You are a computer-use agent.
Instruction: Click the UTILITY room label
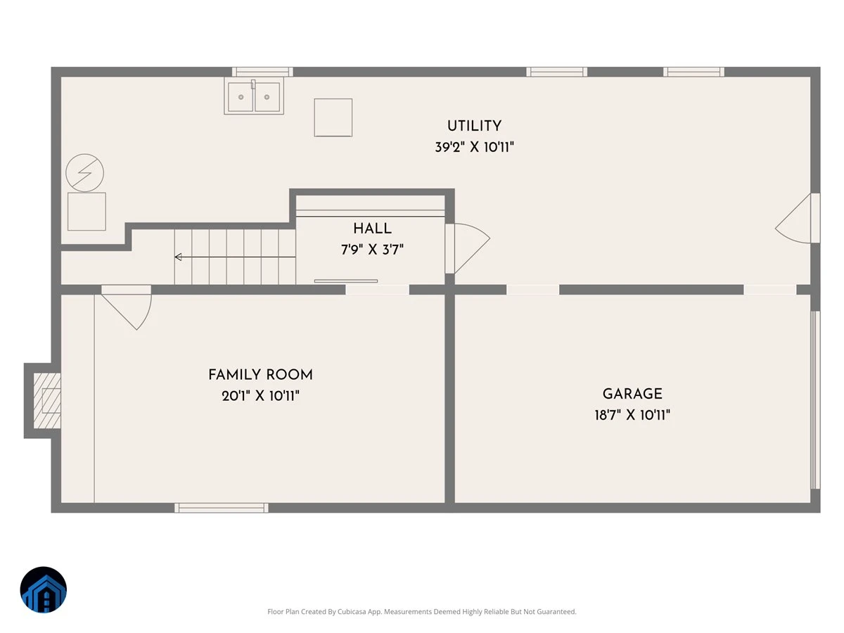click(474, 126)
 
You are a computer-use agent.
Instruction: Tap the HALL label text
click(372, 229)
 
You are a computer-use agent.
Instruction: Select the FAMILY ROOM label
click(260, 375)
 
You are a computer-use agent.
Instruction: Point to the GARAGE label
click(632, 394)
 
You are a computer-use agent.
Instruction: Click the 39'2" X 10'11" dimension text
click(474, 147)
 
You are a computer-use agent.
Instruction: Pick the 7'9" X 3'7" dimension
click(372, 250)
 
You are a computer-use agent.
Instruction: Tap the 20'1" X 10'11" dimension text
click(260, 396)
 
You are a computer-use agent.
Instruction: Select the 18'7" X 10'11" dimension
click(632, 415)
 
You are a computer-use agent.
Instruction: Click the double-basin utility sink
click(254, 96)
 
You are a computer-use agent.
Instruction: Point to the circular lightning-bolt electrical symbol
click(84, 173)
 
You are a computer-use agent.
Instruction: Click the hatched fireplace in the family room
click(47, 400)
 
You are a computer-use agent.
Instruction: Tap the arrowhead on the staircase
click(178, 257)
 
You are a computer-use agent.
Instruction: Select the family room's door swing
click(126, 307)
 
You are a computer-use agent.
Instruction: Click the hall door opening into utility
click(467, 248)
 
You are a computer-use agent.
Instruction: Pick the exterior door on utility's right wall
click(798, 218)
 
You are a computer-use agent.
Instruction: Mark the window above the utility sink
click(262, 72)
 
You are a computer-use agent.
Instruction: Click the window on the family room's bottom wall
click(222, 508)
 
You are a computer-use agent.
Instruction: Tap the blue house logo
click(44, 589)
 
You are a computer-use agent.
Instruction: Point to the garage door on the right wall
click(815, 399)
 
